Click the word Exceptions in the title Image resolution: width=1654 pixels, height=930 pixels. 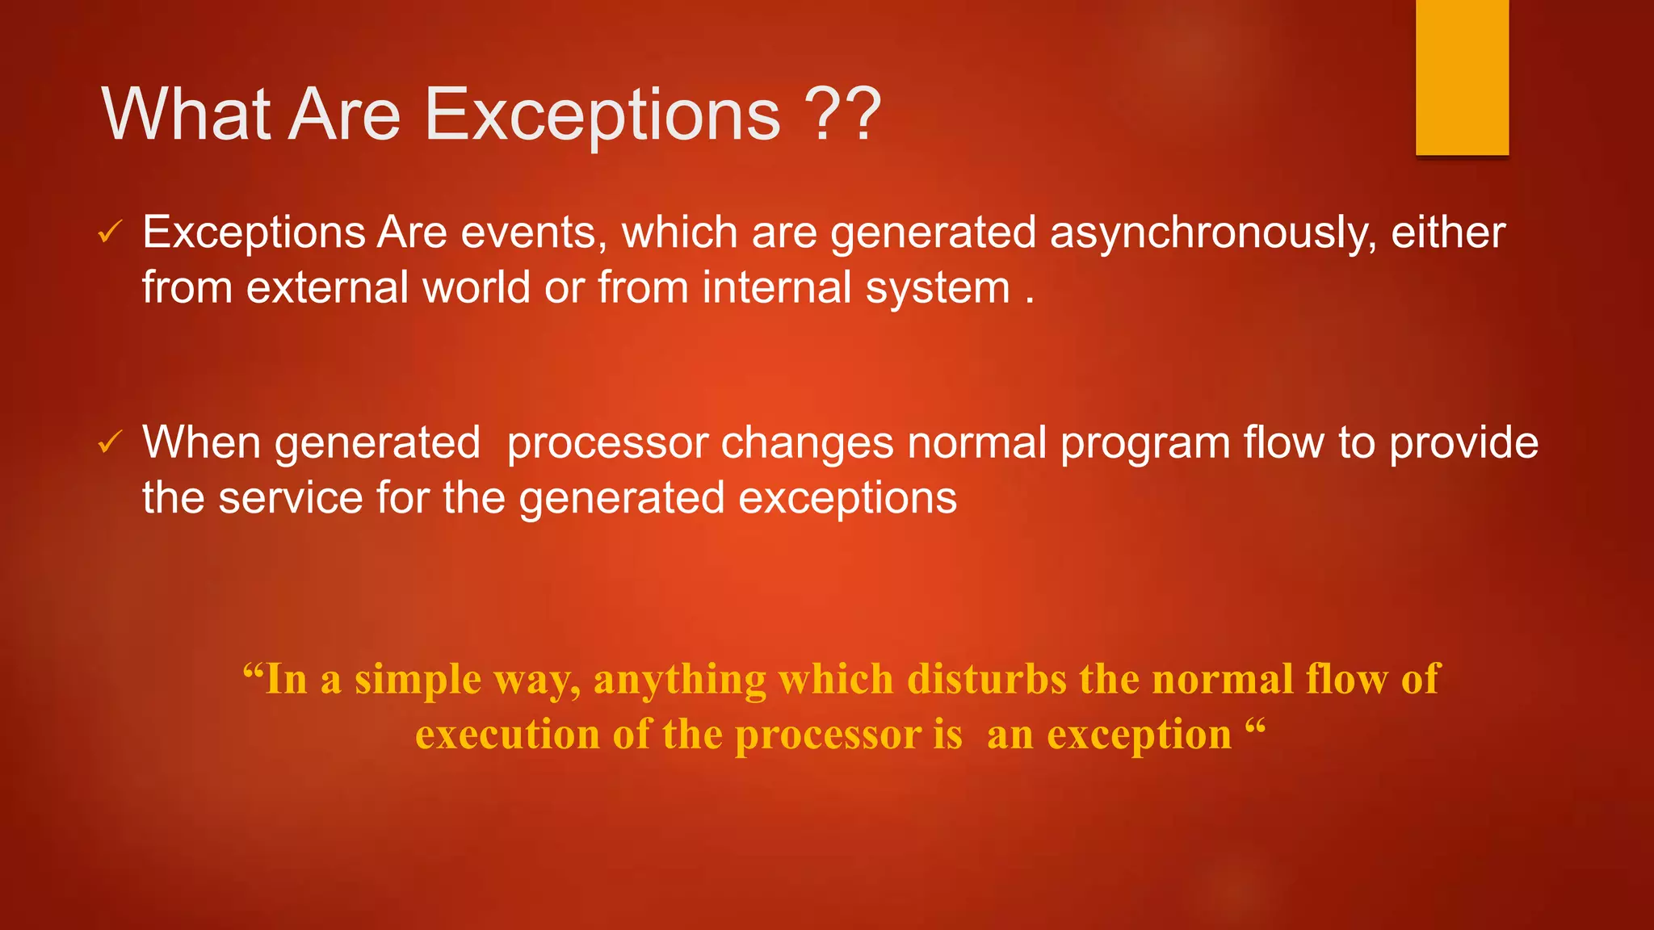coord(602,115)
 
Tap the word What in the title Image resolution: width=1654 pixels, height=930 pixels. coord(186,114)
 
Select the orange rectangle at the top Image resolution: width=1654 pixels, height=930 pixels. coord(1462,77)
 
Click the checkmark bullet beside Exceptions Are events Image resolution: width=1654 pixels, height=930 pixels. coord(110,232)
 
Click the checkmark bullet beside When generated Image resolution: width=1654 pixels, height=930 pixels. coord(110,442)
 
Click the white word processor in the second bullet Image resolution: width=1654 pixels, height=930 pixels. coord(607,444)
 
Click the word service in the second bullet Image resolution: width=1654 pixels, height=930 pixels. coord(291,497)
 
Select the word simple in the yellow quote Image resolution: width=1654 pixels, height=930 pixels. coord(418,680)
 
